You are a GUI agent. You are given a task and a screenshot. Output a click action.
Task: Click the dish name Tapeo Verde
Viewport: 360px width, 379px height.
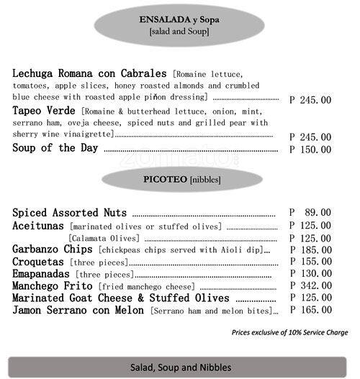(45, 111)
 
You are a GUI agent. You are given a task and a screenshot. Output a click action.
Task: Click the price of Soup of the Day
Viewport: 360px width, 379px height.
(310, 150)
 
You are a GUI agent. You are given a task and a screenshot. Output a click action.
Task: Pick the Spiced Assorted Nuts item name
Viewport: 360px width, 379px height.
(70, 213)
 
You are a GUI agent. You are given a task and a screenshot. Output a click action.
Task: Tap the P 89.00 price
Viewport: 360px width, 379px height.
(310, 213)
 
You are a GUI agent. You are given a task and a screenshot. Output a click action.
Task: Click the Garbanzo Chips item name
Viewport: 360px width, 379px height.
(53, 250)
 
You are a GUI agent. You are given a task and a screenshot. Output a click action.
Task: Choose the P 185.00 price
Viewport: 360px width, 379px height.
(310, 250)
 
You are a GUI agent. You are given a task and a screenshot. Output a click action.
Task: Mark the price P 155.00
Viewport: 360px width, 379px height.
(310, 262)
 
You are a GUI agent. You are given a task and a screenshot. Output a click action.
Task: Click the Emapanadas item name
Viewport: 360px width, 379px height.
(43, 274)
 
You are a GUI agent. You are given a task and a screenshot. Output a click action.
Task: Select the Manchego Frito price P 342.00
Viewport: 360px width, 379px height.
(310, 286)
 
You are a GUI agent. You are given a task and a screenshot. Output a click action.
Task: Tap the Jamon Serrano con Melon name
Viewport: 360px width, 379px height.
(79, 310)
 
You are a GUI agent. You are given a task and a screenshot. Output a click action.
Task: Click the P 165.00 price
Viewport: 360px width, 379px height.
(310, 310)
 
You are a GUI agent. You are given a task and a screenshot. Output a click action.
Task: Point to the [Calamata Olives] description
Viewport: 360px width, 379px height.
(105, 237)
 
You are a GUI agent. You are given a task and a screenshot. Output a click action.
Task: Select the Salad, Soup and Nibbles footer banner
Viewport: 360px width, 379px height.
(180, 367)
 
